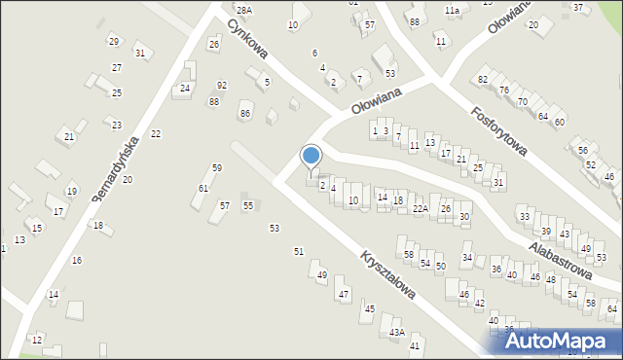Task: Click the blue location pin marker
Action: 311,156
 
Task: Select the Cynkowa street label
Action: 247,38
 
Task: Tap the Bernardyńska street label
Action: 115,170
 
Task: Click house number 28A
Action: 243,10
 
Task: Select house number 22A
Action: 421,207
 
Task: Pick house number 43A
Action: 396,332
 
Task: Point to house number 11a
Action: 453,10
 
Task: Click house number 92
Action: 222,86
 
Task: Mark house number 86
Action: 245,114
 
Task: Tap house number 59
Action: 217,168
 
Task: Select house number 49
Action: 322,275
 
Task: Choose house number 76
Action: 504,90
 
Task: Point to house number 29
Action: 114,41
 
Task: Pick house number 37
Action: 578,7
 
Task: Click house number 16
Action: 77,260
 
